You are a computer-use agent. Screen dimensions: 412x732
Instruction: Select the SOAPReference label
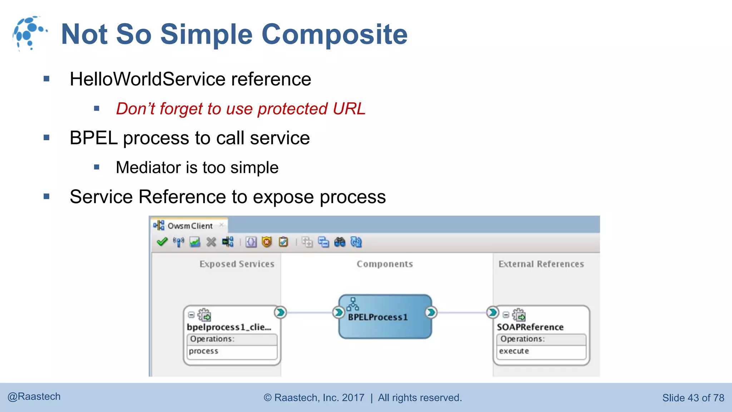(x=530, y=327)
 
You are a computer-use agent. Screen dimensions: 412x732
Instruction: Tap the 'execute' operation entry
(x=514, y=351)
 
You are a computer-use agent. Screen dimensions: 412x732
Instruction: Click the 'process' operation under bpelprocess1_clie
(x=203, y=351)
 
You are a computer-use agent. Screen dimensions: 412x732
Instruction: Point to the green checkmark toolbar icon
(x=162, y=242)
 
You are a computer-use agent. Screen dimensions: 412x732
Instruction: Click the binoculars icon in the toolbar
(x=340, y=242)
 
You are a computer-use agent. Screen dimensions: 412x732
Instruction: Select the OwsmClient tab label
(x=190, y=226)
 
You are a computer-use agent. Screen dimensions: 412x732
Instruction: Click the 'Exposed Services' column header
(x=237, y=264)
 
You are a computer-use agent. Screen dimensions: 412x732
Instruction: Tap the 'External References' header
(x=541, y=264)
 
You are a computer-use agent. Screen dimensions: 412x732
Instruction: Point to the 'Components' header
(x=385, y=264)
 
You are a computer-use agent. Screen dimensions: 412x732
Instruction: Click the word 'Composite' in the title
(x=335, y=34)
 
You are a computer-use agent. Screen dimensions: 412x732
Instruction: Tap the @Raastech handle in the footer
(x=34, y=397)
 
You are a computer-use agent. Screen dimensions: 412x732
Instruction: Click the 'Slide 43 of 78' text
(x=693, y=398)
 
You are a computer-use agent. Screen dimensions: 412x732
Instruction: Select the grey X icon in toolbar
(x=211, y=242)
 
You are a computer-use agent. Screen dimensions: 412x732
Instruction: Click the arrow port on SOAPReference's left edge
(x=493, y=312)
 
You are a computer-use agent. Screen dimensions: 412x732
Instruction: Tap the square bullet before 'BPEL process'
(x=46, y=138)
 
